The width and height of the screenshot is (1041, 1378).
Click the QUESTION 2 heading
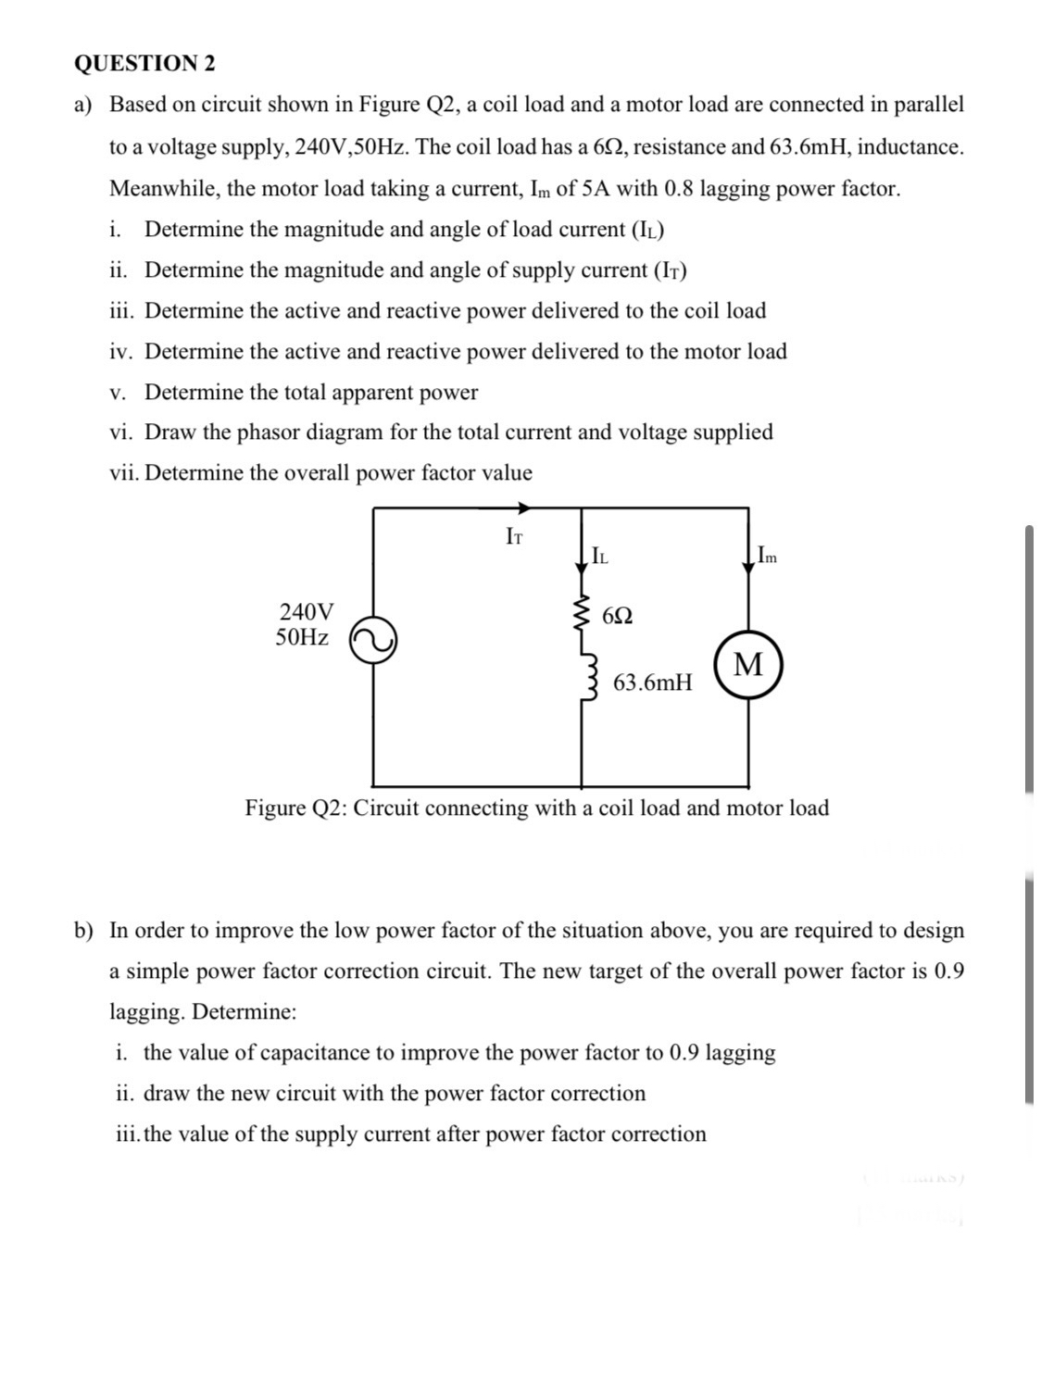144,63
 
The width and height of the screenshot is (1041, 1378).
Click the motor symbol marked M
748,665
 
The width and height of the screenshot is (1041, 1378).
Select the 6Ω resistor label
618,616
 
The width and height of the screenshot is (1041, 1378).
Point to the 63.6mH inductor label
652,683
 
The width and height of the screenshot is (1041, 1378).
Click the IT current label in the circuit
514,535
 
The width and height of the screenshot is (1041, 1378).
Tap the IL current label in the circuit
599,556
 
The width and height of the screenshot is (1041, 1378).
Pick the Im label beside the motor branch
767,557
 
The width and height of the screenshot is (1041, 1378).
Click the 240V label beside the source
307,611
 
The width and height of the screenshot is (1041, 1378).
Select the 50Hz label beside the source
302,637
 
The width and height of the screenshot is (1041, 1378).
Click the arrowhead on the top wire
523,507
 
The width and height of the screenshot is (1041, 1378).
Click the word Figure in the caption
275,808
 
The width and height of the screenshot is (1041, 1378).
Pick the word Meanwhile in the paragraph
163,189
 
